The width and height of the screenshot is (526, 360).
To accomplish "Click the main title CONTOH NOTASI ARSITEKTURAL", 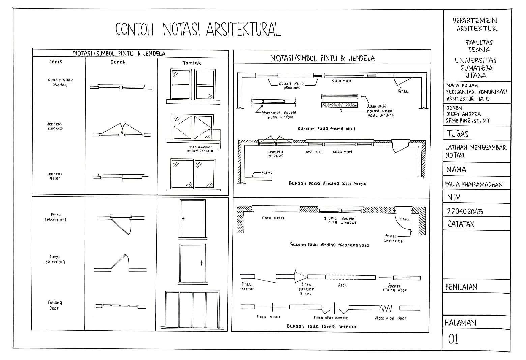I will tap(198, 29).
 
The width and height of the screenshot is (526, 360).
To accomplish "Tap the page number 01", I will tap(453, 339).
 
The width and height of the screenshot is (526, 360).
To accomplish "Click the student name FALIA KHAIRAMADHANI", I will tap(475, 184).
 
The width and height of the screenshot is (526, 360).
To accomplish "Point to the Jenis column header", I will tap(56, 62).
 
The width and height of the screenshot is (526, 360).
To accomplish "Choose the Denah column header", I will tap(118, 62).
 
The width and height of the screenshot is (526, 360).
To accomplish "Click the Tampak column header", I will tap(192, 63).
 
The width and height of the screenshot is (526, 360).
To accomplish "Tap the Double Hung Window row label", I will tap(60, 82).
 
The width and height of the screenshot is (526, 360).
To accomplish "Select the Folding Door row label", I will tap(54, 305).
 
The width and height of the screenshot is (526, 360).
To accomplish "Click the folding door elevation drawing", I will tap(192, 310).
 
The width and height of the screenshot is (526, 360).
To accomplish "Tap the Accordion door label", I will tap(390, 318).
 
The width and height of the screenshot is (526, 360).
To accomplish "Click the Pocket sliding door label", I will tap(394, 288).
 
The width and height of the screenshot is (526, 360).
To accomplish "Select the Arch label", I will tap(342, 285).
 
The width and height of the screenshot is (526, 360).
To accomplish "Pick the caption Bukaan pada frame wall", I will tap(326, 129).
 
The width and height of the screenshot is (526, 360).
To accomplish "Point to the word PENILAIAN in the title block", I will tap(461, 287).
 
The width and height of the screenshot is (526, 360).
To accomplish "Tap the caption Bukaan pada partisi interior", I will tap(322, 326).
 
